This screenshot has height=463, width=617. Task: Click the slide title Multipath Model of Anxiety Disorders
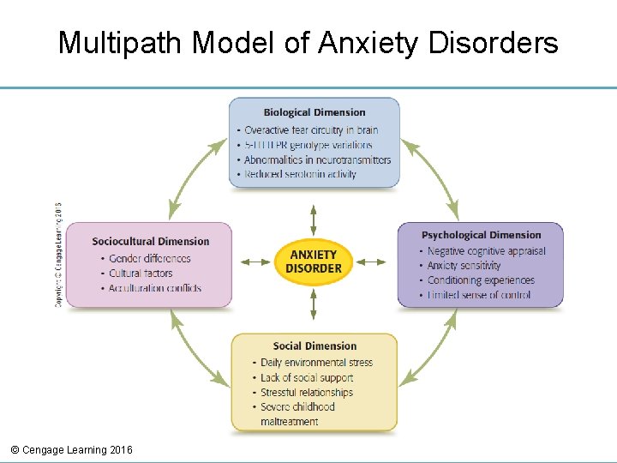tap(308, 42)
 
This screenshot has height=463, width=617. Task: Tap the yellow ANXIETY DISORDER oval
tap(314, 262)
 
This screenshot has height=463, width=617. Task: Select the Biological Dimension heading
tap(314, 112)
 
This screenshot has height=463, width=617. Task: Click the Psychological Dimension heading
tap(481, 235)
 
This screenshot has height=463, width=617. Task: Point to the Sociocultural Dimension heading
tap(150, 241)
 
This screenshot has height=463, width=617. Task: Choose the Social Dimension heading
tap(314, 346)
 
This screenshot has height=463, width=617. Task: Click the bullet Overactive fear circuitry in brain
tap(310, 130)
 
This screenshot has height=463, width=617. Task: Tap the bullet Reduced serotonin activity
tap(300, 174)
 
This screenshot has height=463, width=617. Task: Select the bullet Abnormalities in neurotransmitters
tap(316, 159)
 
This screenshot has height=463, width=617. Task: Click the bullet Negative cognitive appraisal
tap(486, 251)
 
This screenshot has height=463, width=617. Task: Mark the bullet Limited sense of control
tap(478, 295)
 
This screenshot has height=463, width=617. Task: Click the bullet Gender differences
tap(149, 258)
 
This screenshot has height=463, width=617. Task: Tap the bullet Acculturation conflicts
tap(154, 288)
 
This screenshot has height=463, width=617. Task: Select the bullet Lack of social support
tap(306, 377)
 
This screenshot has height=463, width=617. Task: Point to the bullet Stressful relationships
tap(306, 392)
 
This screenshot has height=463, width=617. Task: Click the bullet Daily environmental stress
tap(316, 363)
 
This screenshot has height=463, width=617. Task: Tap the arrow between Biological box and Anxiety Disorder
tap(314, 219)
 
